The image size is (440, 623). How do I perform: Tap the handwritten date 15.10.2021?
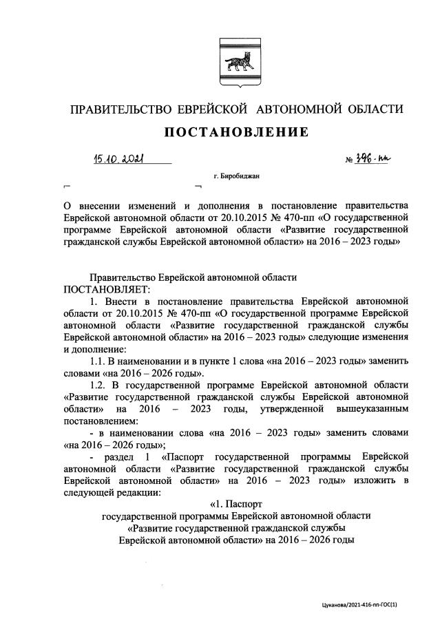pos(121,160)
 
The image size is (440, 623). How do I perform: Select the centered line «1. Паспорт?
pos(236,503)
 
